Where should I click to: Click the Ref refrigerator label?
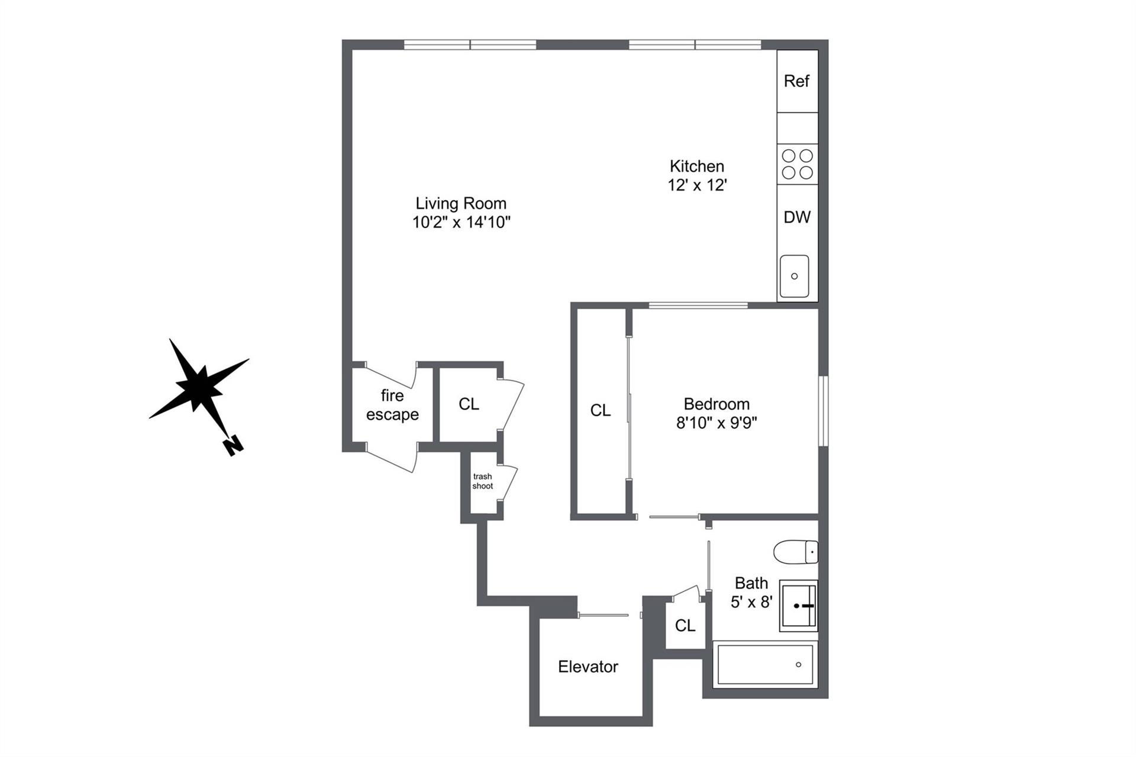click(796, 81)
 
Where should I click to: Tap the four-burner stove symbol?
click(798, 164)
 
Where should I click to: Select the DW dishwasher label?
click(797, 217)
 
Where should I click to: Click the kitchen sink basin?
click(794, 276)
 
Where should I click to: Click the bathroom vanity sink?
click(798, 605)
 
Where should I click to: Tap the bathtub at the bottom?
click(764, 664)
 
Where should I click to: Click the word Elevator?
click(588, 666)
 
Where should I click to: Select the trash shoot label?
click(483, 481)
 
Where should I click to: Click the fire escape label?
click(392, 405)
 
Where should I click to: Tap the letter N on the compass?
click(234, 445)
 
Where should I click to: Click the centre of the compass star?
click(199, 388)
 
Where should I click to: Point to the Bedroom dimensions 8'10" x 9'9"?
click(717, 423)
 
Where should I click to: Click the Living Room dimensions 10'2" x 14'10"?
click(461, 223)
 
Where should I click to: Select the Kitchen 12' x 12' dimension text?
click(697, 185)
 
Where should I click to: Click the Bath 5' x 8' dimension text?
click(751, 602)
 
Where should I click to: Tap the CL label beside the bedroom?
click(601, 410)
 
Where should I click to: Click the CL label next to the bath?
click(685, 626)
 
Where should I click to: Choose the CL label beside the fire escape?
click(469, 404)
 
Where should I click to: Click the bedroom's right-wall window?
click(824, 411)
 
